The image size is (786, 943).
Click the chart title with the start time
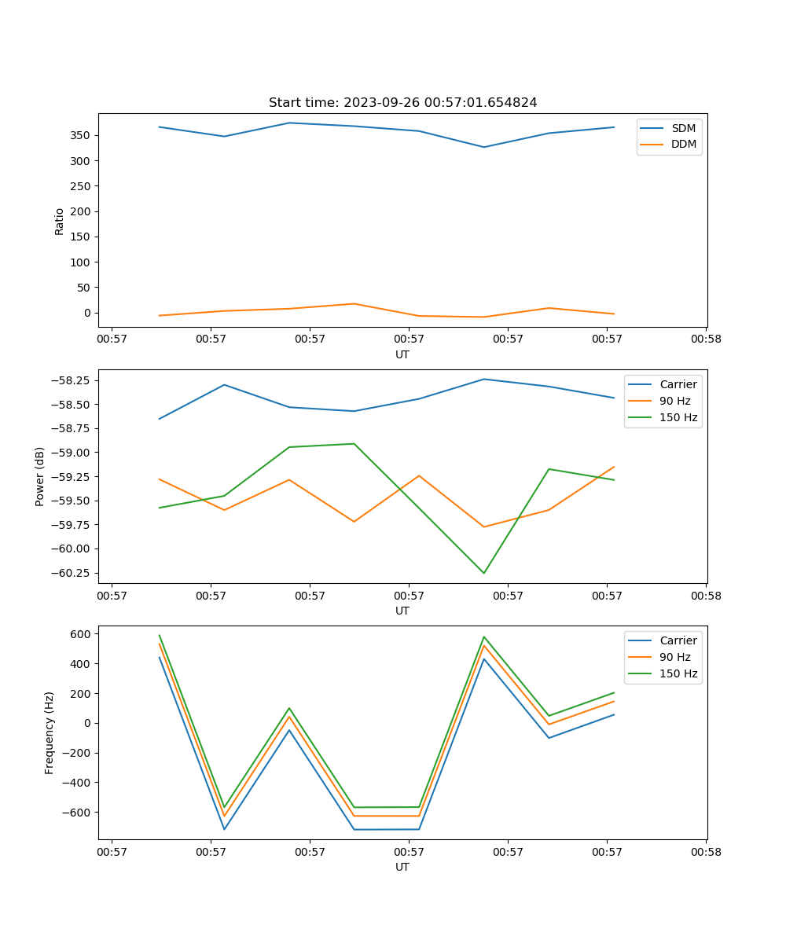pyautogui.click(x=402, y=103)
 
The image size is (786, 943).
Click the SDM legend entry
pyautogui.click(x=683, y=128)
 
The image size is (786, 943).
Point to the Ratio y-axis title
pyautogui.click(x=60, y=221)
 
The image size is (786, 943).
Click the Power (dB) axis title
pyautogui.click(x=40, y=476)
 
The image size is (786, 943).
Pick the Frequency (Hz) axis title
pyautogui.click(x=50, y=732)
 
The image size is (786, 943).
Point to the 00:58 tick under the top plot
pyautogui.click(x=706, y=339)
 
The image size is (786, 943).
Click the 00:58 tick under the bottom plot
pyautogui.click(x=706, y=851)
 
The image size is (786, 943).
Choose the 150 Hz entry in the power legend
pyautogui.click(x=678, y=417)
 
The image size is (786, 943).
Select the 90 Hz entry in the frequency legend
pyautogui.click(x=674, y=657)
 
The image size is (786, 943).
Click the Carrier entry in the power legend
pyautogui.click(x=678, y=384)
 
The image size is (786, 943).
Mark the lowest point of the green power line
pyautogui.click(x=483, y=573)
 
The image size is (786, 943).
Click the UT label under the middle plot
pyautogui.click(x=402, y=611)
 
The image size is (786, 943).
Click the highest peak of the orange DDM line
pyautogui.click(x=354, y=303)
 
